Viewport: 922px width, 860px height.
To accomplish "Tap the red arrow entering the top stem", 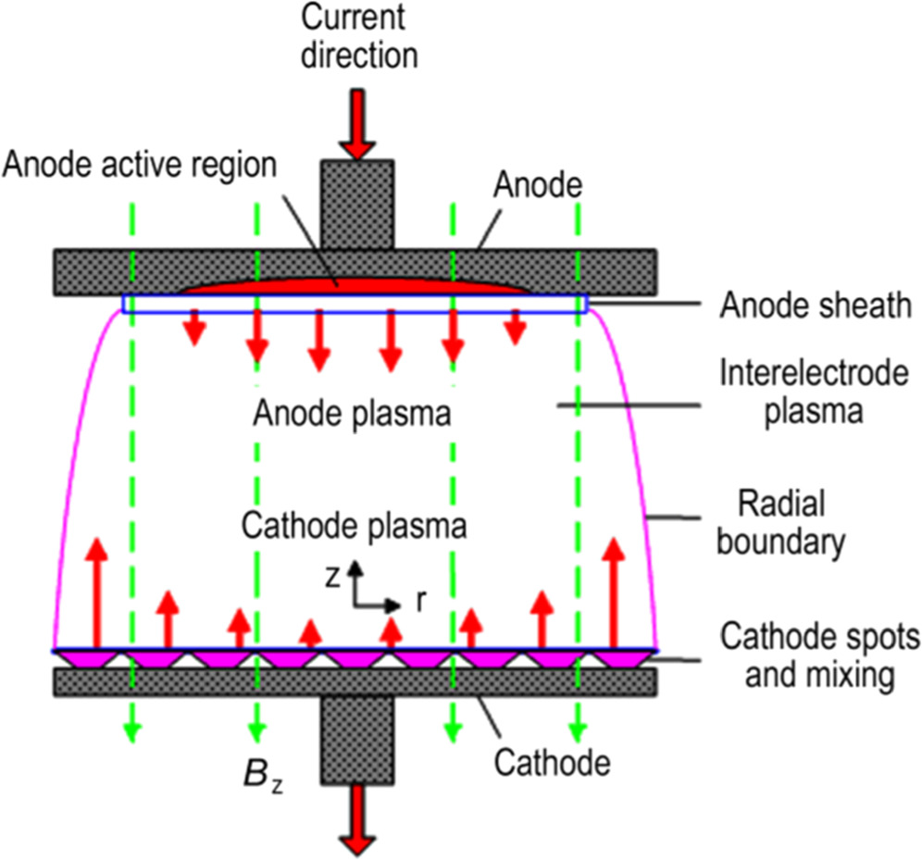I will point(356,125).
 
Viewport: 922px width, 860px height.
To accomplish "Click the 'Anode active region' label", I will point(140,165).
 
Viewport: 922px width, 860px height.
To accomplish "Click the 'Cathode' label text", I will point(553,763).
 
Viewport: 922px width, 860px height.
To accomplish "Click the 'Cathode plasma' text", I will point(353,526).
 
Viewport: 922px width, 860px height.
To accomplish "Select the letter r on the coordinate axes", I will point(421,602).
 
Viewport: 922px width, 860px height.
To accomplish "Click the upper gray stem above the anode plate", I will point(356,204).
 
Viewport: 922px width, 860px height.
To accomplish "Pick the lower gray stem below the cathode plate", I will point(355,741).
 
